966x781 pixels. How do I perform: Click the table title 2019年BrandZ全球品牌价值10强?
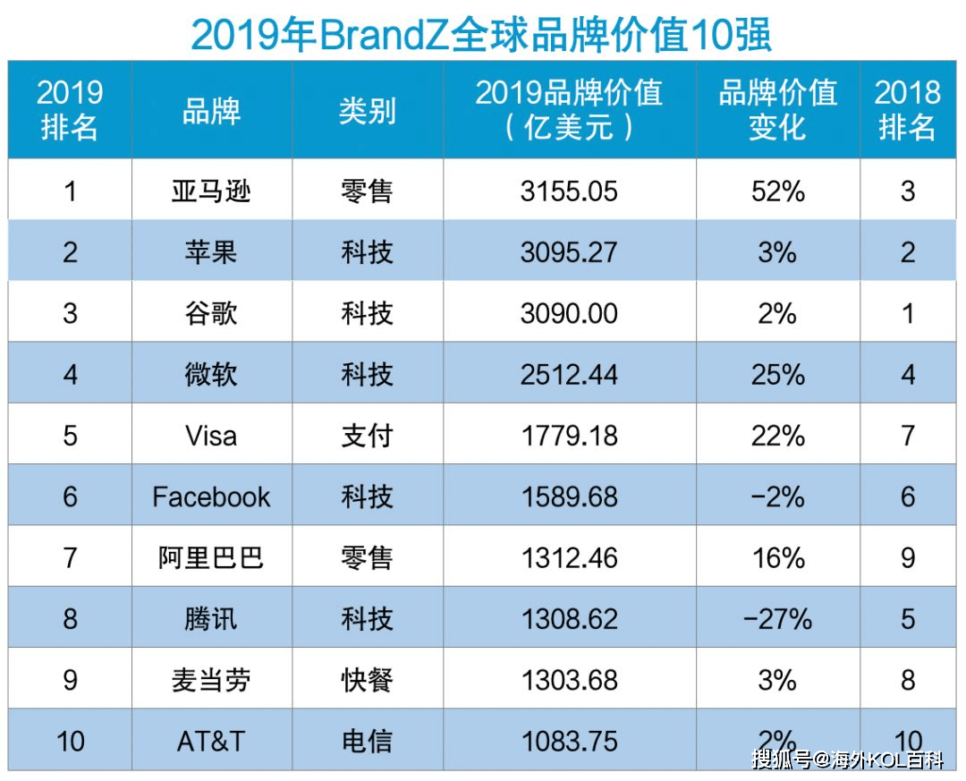coord(481,34)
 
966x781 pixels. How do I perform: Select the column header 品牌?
coord(211,111)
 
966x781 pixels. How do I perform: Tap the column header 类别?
coord(367,111)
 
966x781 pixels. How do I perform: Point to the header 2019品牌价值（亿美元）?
coord(569,110)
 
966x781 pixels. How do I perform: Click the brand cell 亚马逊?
coord(211,191)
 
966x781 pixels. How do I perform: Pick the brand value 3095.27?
coord(569,251)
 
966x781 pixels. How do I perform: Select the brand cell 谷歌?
coord(211,313)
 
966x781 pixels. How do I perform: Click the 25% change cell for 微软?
coord(777,374)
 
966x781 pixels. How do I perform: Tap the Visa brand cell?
coord(211,436)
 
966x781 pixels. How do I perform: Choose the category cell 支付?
coord(367,436)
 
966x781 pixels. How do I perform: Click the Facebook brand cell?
coord(211,497)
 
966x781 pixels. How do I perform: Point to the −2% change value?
coord(777,497)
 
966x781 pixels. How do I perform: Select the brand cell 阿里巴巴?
coord(211,557)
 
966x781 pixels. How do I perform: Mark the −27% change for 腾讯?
coord(777,618)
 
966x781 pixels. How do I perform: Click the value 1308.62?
coord(569,618)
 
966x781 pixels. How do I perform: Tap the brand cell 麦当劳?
coord(211,680)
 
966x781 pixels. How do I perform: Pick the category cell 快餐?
coord(367,680)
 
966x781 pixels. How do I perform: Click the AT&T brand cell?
coord(211,741)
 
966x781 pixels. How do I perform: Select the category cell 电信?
coord(367,741)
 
